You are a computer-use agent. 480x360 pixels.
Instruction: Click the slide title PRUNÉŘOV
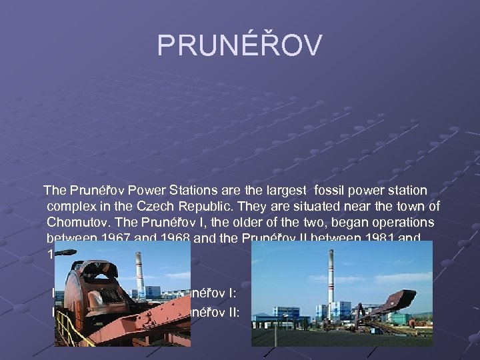click(239, 45)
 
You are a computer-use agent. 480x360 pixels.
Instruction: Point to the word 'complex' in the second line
click(73, 206)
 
